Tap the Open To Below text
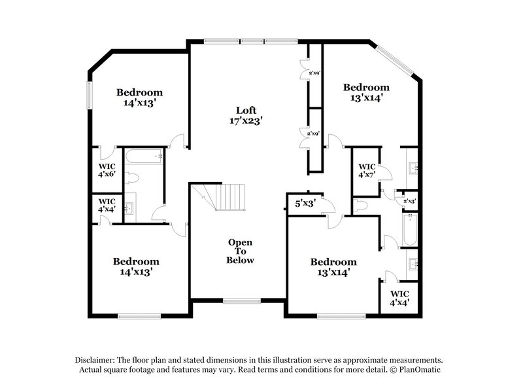[240, 251]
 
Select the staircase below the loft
[228, 197]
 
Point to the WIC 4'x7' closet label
[367, 171]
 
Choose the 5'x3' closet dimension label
[305, 204]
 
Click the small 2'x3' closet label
[410, 202]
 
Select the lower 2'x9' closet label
[312, 134]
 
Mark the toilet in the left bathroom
[132, 178]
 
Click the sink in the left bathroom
[129, 209]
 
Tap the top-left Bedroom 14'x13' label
[139, 98]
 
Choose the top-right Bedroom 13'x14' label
[366, 92]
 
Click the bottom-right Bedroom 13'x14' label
[333, 267]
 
